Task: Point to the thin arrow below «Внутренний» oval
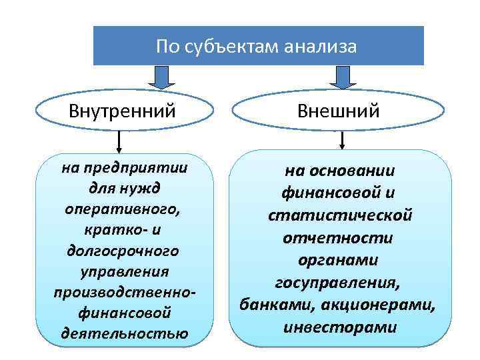[119, 141]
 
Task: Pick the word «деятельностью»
[123, 333]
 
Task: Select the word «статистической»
[340, 215]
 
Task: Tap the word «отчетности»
[340, 237]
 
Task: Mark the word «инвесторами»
[340, 328]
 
